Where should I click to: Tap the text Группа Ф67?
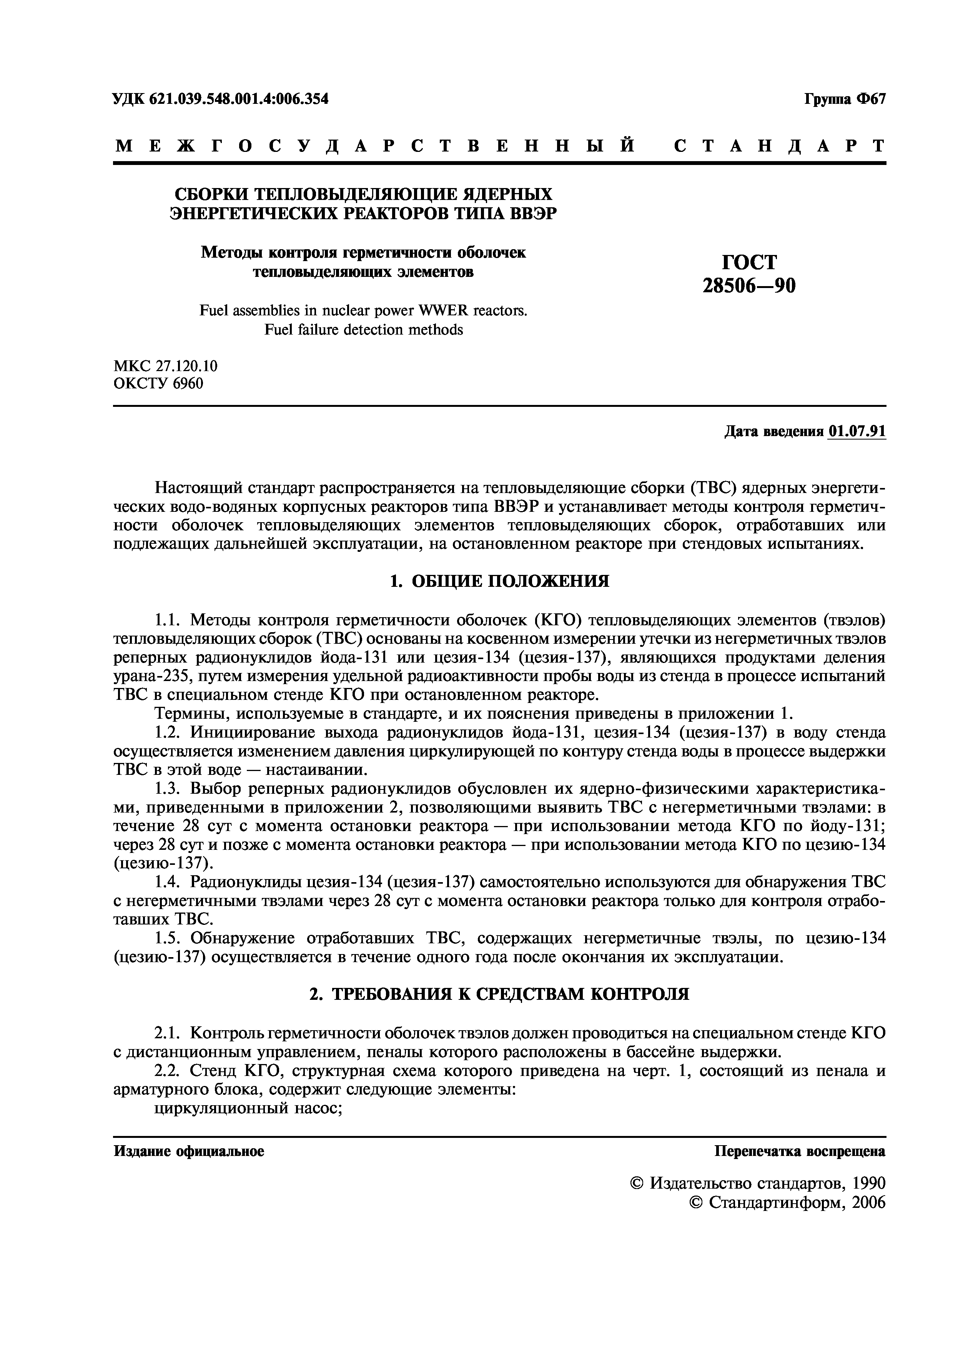point(844,99)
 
